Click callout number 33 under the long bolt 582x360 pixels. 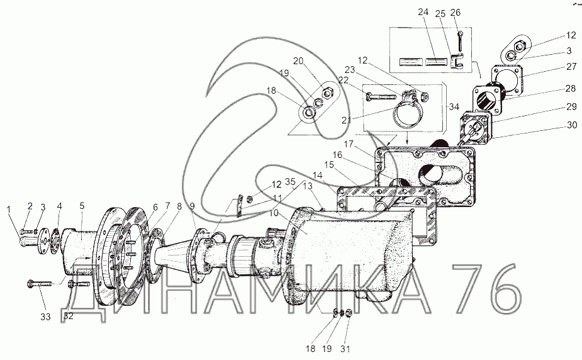click(x=46, y=317)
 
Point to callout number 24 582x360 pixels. click(x=423, y=13)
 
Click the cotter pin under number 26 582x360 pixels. click(x=460, y=40)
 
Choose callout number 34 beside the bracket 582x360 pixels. click(x=454, y=107)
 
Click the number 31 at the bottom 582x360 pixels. click(x=345, y=349)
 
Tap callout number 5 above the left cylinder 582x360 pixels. click(x=82, y=205)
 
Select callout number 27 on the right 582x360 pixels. click(x=571, y=67)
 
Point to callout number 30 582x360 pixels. click(x=572, y=125)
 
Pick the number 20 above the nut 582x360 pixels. click(x=298, y=61)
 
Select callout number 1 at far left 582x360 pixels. click(x=9, y=210)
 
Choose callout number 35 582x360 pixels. click(x=290, y=181)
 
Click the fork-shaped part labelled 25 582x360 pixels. click(x=457, y=60)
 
